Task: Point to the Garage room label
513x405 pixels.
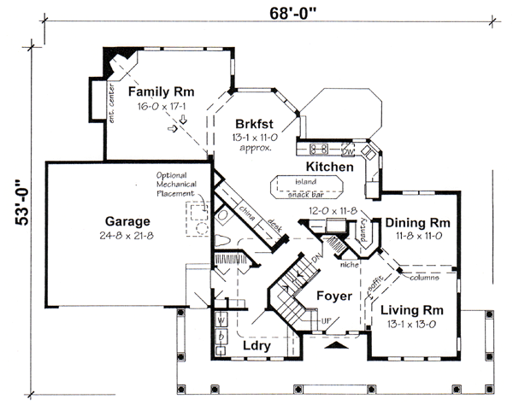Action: tap(128, 218)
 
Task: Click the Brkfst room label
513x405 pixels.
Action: tap(251, 122)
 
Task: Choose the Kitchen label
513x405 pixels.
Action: tap(329, 167)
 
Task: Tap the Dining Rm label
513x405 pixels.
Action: tap(416, 223)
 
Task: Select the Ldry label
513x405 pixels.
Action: tap(257, 348)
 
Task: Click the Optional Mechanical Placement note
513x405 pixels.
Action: tap(178, 185)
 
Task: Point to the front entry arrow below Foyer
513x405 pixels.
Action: tap(337, 346)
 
